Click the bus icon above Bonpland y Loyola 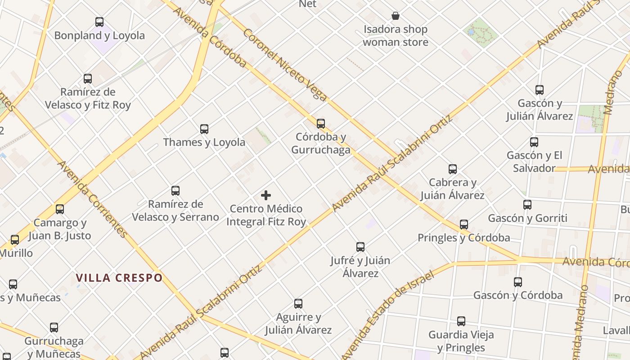[x=99, y=22]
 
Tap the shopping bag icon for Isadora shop [x=396, y=16]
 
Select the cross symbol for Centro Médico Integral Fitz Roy [x=266, y=195]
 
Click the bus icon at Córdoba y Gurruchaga [x=321, y=123]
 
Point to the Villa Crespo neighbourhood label [x=119, y=278]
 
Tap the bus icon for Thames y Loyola [x=204, y=129]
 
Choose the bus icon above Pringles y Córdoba [x=464, y=224]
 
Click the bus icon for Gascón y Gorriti [x=527, y=205]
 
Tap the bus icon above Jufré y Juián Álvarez [x=360, y=247]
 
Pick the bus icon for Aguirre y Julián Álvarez [x=298, y=304]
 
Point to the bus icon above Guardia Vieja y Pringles [x=461, y=321]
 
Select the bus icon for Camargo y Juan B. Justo [x=60, y=209]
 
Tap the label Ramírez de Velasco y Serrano [x=175, y=211]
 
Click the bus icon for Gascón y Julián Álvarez [x=540, y=90]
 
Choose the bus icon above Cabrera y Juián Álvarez [x=453, y=169]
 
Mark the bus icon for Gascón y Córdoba [x=518, y=282]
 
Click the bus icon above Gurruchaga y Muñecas [x=54, y=328]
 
